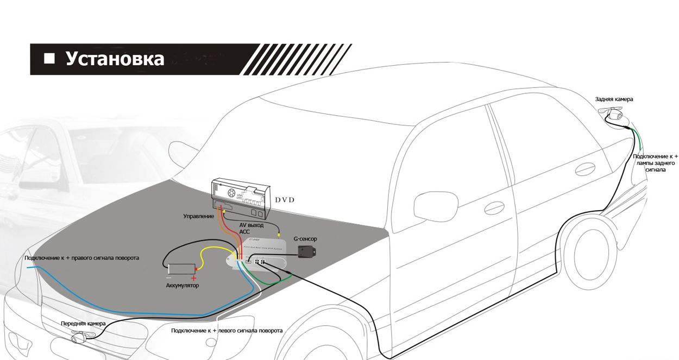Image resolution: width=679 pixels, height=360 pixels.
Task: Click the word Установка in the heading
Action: [x=115, y=59]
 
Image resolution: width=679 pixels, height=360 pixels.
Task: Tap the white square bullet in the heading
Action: [x=49, y=58]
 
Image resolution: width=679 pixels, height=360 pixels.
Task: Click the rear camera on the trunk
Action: [x=614, y=114]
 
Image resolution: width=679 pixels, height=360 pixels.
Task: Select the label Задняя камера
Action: [x=614, y=99]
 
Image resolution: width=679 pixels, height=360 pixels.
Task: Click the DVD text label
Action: [x=284, y=200]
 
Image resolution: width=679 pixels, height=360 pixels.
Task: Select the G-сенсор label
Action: [x=305, y=238]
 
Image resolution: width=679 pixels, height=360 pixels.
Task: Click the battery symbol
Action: [x=181, y=269]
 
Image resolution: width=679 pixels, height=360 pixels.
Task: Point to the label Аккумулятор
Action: [x=182, y=285]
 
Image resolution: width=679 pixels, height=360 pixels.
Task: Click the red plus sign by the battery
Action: [x=193, y=278]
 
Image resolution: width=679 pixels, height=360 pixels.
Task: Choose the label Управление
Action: [x=199, y=217]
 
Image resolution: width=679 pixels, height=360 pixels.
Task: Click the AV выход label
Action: [x=251, y=224]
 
